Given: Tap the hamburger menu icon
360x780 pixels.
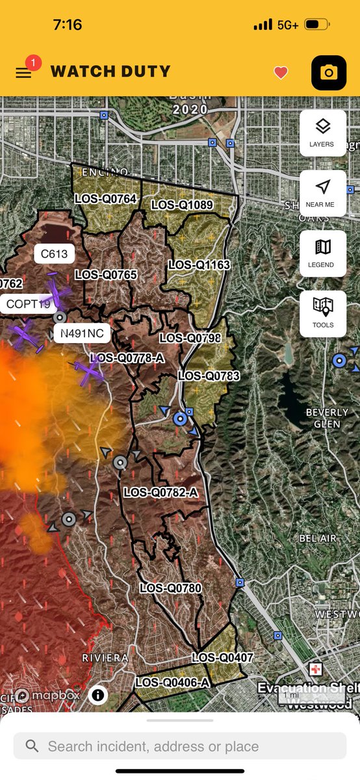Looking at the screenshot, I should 23,73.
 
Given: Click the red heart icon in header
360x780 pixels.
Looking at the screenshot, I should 281,73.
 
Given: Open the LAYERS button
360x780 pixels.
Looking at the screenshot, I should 322,133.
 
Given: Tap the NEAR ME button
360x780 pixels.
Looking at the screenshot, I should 322,193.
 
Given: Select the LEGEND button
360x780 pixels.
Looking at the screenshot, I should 322,253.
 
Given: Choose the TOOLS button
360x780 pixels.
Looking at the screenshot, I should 322,313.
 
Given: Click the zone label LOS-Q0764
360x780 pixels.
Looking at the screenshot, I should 106,198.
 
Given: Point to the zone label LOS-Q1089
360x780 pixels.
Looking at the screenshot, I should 182,205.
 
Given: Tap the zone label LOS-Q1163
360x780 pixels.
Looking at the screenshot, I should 199,265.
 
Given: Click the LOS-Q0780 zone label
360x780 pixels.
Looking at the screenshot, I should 171,588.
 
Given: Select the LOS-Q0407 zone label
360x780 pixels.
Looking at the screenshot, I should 222,658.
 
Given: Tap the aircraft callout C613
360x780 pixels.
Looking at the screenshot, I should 54,254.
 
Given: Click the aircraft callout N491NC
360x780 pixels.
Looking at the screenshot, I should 81,333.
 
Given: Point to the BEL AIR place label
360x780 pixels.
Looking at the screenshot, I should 318,539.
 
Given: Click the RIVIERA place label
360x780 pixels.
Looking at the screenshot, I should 105,658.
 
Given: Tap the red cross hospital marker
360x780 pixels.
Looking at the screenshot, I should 316,669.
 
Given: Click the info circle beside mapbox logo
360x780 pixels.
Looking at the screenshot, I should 98,695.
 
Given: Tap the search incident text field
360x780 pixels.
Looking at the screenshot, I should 180,746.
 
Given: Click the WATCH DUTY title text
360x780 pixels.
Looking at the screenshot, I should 110,71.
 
